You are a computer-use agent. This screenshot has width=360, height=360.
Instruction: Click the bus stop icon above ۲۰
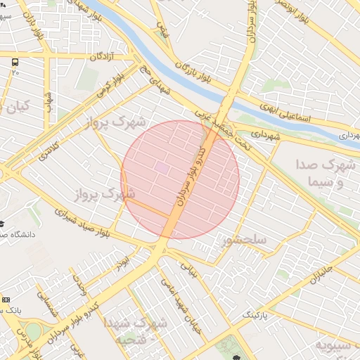pyautogui.click(x=15, y=62)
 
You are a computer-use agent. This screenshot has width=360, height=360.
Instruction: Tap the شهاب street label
pyautogui.click(x=49, y=102)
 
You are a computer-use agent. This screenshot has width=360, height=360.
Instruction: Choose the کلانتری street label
pyautogui.click(x=42, y=148)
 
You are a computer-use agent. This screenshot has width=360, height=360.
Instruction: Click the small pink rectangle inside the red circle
pyautogui.click(x=162, y=168)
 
